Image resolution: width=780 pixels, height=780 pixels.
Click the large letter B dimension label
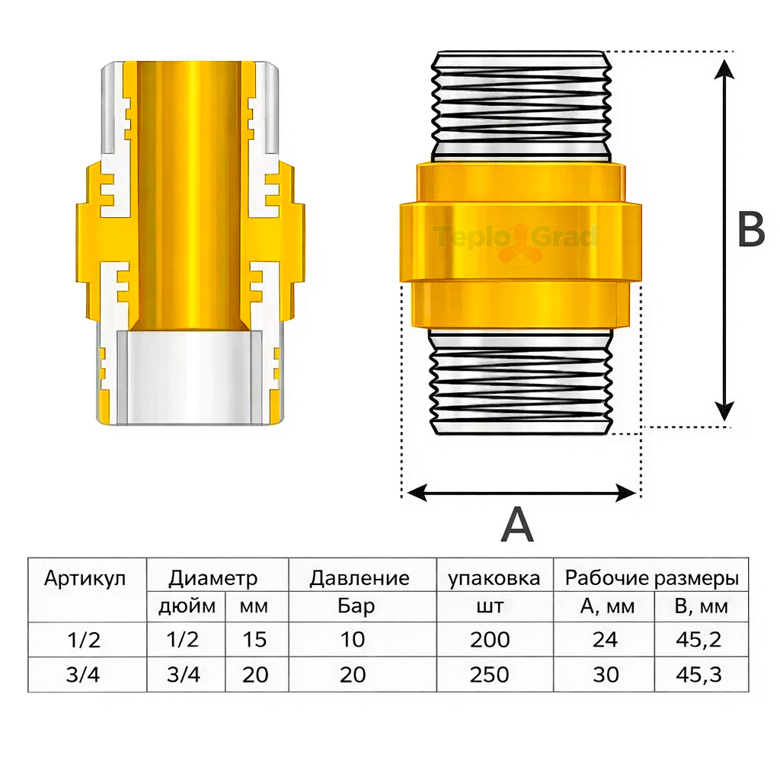tap(751, 230)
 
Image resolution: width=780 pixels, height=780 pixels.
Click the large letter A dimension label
tap(517, 525)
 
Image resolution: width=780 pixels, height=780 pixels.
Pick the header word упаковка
tap(494, 578)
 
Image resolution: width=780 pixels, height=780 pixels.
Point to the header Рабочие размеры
tap(651, 578)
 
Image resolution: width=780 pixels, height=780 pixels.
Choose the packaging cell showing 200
tap(490, 639)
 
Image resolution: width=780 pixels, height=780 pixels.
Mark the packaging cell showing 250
tap(490, 674)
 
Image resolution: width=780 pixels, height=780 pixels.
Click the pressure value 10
tap(353, 639)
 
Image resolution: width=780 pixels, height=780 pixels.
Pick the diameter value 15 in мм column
tap(254, 639)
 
